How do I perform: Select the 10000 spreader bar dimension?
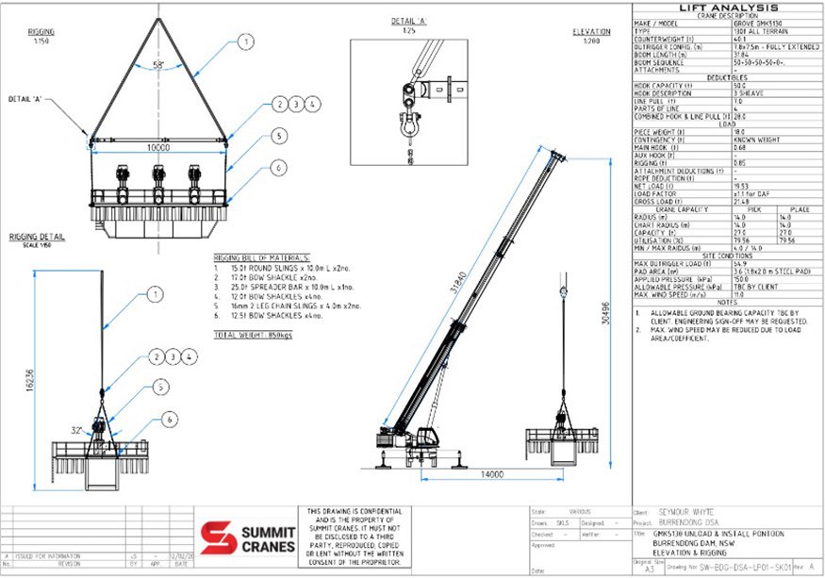click(x=160, y=149)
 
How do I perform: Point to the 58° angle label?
click(x=158, y=65)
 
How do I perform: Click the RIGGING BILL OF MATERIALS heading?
click(x=261, y=256)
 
